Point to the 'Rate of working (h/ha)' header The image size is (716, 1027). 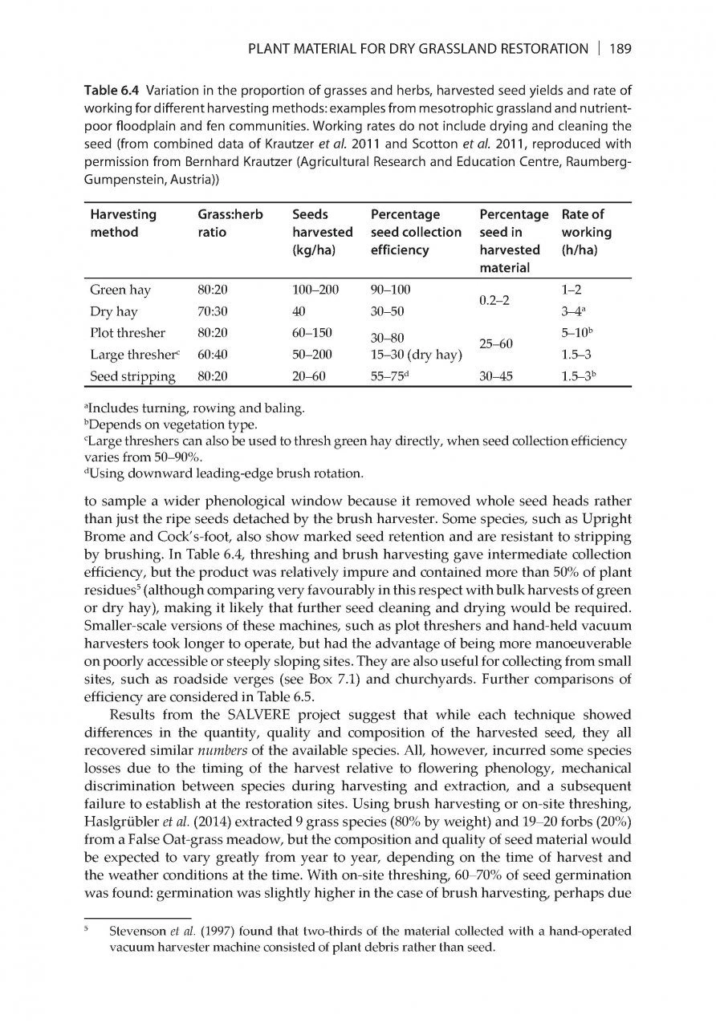pyautogui.click(x=586, y=232)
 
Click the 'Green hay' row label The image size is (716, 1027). pyautogui.click(x=120, y=290)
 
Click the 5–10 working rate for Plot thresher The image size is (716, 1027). pyautogui.click(x=582, y=332)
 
